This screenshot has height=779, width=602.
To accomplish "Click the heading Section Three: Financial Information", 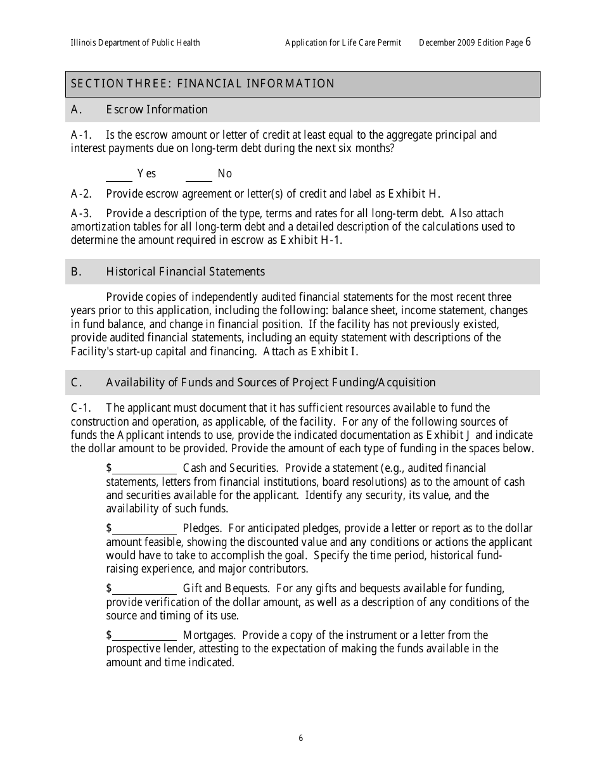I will (203, 84).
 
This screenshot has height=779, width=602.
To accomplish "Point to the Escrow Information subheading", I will (157, 110).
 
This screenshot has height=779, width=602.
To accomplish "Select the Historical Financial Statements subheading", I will (185, 272).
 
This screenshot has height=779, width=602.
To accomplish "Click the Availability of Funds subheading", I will (270, 383).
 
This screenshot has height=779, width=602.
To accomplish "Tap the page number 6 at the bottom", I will (301, 738).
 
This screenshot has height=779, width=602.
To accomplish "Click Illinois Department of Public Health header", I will (135, 43).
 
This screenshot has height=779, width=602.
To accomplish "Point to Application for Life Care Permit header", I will (343, 43).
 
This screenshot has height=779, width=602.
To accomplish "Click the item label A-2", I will (81, 194).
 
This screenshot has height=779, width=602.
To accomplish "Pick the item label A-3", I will (81, 213).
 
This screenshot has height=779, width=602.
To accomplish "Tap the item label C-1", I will (81, 408).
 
